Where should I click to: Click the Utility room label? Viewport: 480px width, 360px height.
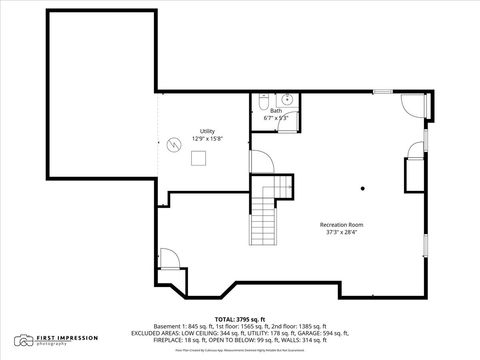207,131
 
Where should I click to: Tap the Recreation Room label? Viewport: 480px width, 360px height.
341,225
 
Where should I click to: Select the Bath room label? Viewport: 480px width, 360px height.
276,111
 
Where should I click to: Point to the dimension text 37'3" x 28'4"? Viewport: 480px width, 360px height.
341,233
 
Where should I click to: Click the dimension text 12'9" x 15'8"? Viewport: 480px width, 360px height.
207,138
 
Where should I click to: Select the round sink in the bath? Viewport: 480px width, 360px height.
285,99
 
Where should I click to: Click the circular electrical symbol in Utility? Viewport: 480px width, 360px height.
174,146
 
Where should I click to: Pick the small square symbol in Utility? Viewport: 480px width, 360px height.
199,157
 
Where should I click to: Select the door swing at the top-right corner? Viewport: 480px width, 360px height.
413,102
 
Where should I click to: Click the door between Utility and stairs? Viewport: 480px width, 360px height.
258,161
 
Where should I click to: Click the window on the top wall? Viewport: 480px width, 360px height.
381,92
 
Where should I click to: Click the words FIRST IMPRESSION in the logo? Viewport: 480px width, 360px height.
59,338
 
